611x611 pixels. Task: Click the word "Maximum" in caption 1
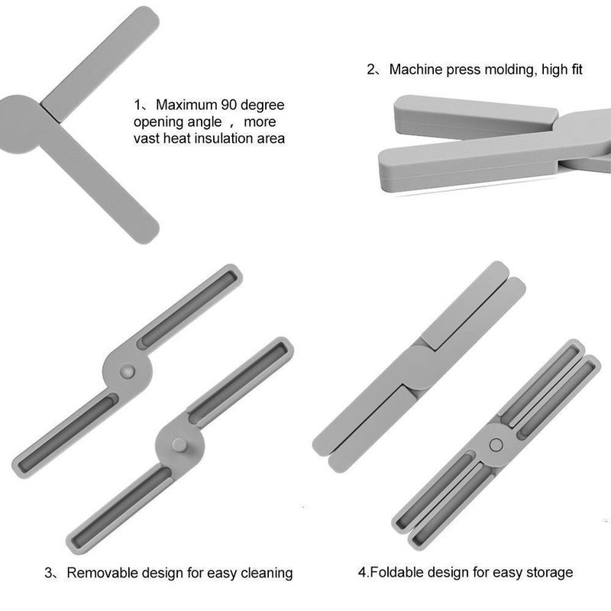186,105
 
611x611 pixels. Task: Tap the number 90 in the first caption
229,105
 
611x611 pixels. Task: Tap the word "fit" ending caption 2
577,70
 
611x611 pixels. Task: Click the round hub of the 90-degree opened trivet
18,124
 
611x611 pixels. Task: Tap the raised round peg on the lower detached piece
179,445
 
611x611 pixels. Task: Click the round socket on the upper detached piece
127,372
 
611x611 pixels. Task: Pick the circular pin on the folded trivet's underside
496,445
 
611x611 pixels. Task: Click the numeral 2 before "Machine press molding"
370,70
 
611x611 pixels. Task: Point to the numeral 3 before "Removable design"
48,573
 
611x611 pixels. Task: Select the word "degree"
263,105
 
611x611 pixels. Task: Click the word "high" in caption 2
554,70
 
